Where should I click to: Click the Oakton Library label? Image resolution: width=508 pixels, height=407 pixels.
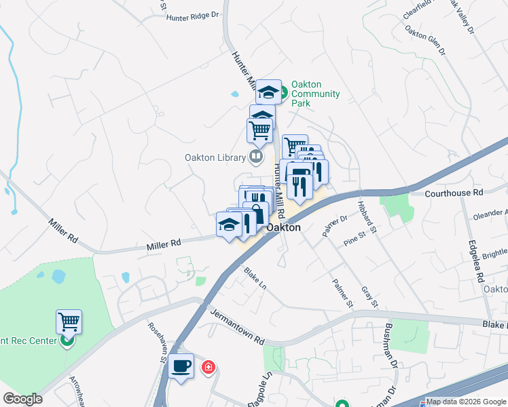point(215,157)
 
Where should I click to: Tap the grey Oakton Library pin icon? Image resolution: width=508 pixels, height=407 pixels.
point(255,157)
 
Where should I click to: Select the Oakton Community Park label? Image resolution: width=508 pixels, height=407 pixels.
point(315,94)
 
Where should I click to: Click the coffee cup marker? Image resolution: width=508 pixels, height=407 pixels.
point(181,367)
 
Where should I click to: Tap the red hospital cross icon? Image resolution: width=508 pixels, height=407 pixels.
point(208,368)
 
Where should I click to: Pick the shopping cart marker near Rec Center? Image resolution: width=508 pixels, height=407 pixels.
point(69,322)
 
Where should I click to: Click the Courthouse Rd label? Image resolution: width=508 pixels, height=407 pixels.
point(453,193)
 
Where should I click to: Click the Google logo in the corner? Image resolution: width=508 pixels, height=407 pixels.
point(22,399)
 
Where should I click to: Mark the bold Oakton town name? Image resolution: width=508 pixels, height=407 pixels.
point(284,228)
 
